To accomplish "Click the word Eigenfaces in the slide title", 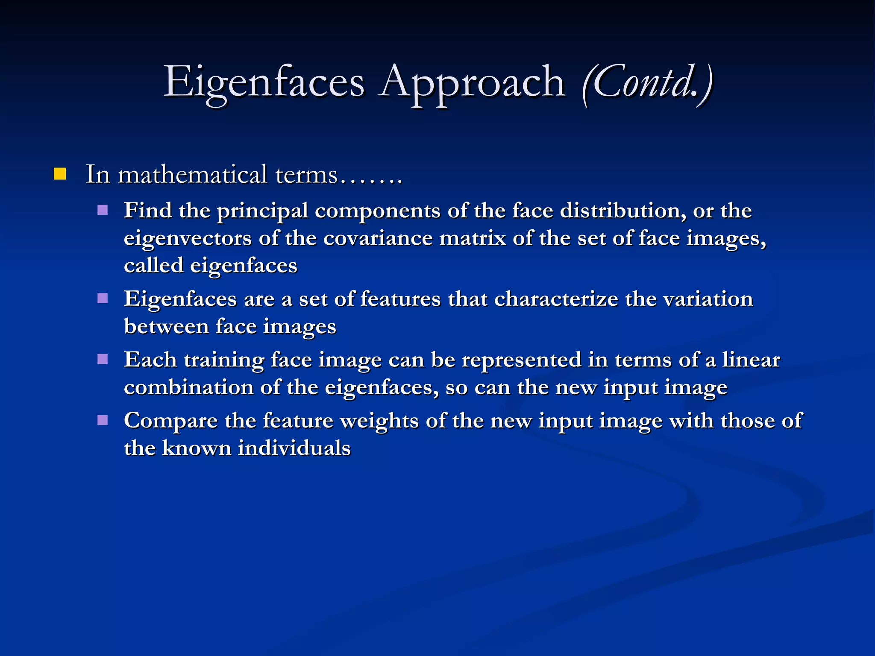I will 264,82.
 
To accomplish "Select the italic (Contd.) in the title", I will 647,83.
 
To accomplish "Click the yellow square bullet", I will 60,174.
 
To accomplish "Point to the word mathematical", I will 192,175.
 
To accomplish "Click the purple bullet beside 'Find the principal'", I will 103,210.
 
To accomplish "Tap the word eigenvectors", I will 188,238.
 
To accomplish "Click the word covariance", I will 378,238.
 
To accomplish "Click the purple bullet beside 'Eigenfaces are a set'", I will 103,298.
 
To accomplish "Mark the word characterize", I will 556,299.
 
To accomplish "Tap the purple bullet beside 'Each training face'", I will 103,359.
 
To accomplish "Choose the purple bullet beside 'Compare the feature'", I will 103,420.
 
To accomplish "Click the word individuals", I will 294,448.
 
